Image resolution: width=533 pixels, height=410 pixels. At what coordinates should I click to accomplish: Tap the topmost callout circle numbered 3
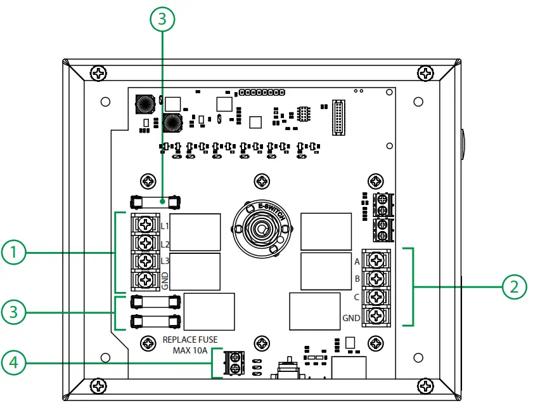pos(163,19)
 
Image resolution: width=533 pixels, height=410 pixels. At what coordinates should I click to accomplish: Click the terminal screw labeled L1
pos(146,224)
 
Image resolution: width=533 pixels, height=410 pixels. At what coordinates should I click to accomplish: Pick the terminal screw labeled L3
pos(146,261)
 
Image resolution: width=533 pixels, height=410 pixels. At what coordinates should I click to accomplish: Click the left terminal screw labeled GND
pos(146,280)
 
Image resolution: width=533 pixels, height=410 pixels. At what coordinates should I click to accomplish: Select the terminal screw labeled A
pos(376,260)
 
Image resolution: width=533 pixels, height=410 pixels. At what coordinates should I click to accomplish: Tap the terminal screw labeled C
pos(376,296)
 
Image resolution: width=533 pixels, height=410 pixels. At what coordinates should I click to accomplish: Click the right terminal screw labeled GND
pos(376,315)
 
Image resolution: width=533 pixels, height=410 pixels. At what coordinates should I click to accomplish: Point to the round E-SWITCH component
pos(260,228)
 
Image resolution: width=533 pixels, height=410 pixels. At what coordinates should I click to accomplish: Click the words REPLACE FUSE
pos(190,340)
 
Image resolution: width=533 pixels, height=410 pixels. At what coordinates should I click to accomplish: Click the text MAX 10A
pos(192,350)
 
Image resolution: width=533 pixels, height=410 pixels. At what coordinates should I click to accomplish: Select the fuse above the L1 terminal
pos(154,202)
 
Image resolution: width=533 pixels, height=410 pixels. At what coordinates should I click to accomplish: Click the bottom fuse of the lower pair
pos(154,320)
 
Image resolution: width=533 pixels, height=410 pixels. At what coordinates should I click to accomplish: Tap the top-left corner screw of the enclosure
pos(99,74)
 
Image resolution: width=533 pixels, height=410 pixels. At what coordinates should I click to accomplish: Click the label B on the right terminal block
pos(357,278)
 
